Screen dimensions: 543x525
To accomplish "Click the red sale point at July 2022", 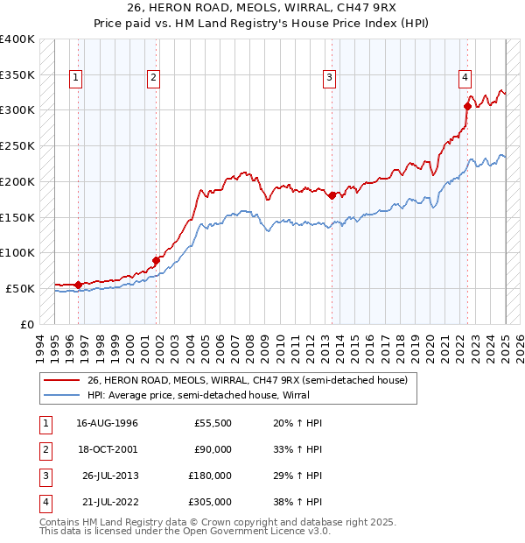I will pos(467,107).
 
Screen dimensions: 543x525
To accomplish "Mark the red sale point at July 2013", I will pos(332,195).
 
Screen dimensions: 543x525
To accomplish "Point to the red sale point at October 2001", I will pos(157,259).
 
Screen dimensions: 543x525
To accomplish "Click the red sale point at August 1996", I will pos(79,284).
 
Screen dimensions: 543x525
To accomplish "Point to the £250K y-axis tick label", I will pos(17,145).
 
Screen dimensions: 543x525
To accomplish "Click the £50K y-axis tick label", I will pos(20,288).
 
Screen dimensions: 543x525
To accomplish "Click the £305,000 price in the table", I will pos(210,502).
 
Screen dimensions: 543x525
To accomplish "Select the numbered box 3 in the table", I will pos(45,476).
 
